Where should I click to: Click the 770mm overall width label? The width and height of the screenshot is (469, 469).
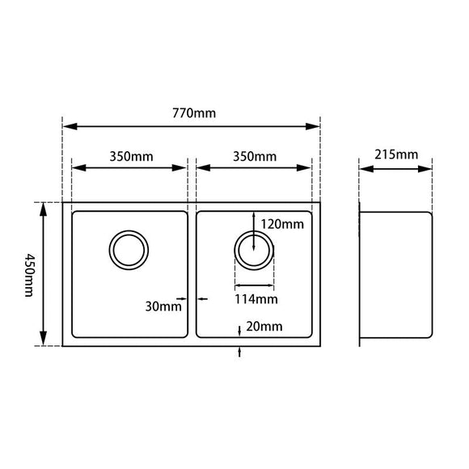193,113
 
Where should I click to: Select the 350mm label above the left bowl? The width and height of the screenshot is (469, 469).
130,156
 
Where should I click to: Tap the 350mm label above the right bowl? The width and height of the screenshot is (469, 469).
254,156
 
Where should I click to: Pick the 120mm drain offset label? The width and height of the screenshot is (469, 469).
282,224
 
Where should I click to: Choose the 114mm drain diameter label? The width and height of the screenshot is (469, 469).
256,299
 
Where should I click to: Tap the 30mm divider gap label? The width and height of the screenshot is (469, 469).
163,306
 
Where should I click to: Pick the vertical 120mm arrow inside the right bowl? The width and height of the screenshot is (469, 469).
254,230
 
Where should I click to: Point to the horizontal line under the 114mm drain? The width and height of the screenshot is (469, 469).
254,285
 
